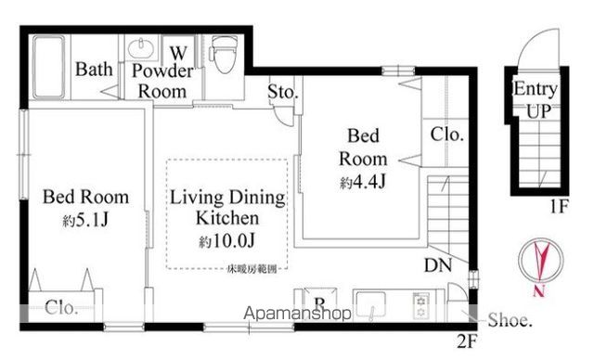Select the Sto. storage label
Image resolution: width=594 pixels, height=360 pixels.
click(x=282, y=92)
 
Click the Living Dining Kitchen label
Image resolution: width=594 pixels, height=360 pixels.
click(x=226, y=209)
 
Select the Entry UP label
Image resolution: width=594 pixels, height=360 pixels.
click(x=536, y=99)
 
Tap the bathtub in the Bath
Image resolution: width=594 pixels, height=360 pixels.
click(x=45, y=70)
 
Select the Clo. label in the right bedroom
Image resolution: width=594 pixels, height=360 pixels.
click(x=447, y=135)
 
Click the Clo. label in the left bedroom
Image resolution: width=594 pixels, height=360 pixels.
click(x=60, y=307)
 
